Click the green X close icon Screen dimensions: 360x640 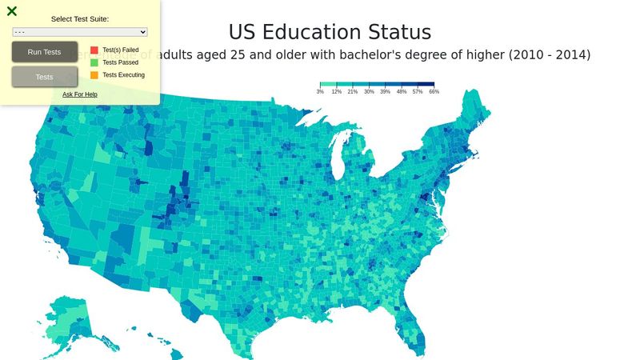pos(12,11)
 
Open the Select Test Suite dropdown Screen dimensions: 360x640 pos(80,32)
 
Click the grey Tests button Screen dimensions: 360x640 pos(45,77)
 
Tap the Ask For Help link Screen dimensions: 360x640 pos(80,94)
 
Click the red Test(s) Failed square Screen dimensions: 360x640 pos(94,50)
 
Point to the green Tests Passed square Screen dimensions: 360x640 pos(94,62)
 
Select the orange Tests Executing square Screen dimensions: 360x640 pos(94,74)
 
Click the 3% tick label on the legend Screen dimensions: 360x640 pos(320,92)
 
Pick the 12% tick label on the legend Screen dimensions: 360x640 pos(336,92)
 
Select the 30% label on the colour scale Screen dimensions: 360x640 pos(369,92)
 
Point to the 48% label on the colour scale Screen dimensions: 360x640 pos(402,92)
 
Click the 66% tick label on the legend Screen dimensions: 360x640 pos(434,92)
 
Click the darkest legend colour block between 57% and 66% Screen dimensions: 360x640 pos(426,84)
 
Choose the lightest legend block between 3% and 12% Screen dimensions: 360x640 pos(328,84)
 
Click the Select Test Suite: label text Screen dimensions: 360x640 pos(80,18)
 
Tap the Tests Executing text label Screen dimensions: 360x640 pos(123,74)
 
